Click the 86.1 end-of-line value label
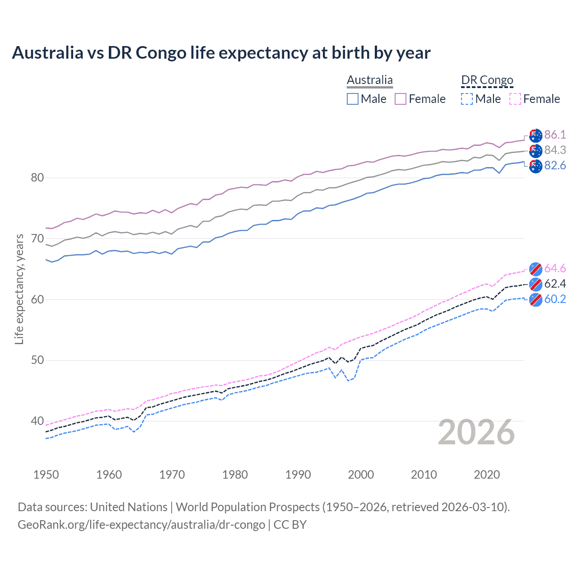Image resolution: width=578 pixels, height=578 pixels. (x=555, y=135)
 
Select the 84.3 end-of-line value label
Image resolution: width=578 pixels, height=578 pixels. (x=555, y=150)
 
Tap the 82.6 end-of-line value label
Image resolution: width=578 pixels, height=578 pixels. (x=555, y=165)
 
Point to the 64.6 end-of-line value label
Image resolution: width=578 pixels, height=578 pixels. (x=555, y=268)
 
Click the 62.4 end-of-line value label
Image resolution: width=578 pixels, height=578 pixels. (x=555, y=284)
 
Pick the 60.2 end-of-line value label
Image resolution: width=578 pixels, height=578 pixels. (x=555, y=299)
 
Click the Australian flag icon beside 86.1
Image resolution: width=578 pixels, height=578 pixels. (x=536, y=135)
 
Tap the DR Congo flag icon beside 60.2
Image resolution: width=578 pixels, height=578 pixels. (x=536, y=299)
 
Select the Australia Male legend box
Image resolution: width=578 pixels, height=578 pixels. (x=353, y=99)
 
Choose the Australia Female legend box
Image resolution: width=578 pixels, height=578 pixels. (x=401, y=99)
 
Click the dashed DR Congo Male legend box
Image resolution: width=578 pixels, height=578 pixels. (x=467, y=99)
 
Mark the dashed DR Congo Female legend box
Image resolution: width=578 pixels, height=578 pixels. (x=515, y=99)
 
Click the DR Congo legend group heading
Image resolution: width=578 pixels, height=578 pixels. (x=487, y=80)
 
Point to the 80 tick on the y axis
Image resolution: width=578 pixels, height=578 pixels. (x=37, y=177)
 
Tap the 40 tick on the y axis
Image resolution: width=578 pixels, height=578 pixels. (x=37, y=421)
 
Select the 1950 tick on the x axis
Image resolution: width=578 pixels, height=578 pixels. (x=46, y=475)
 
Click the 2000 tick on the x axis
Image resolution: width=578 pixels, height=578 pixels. (x=361, y=475)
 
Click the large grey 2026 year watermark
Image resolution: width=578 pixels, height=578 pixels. (x=476, y=432)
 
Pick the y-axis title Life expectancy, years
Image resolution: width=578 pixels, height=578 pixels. (x=19, y=289)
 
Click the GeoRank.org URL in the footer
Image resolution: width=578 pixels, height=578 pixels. (x=141, y=525)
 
